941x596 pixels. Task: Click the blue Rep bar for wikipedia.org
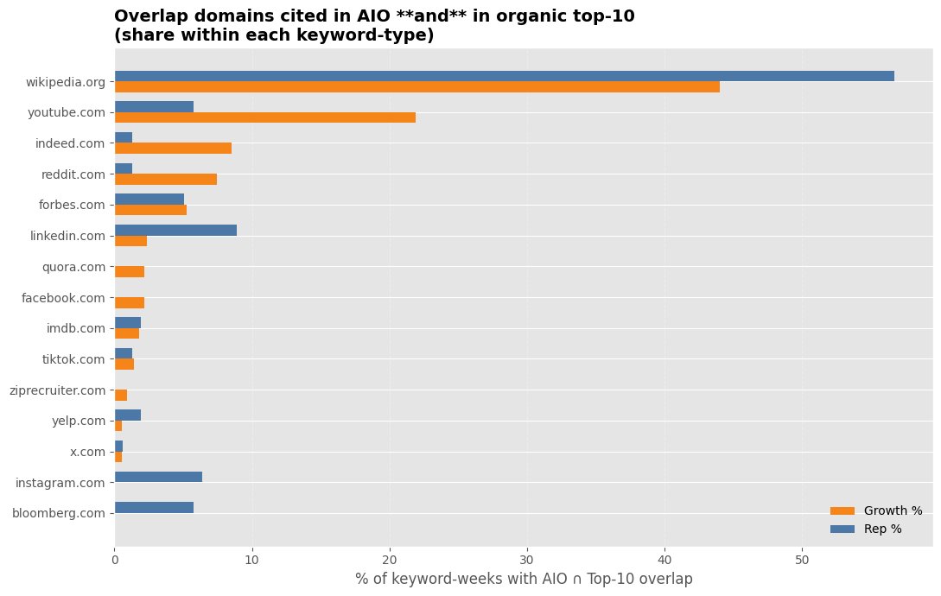504,76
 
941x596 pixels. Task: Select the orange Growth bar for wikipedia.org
416,87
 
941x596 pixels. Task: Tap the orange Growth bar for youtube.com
264,117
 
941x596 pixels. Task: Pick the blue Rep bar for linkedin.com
175,230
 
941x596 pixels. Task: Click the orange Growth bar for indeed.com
173,149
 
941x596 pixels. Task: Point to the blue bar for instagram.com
158,477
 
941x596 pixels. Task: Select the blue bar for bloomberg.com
154,508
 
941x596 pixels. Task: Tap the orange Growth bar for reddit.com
165,179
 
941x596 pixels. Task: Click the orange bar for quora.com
130,272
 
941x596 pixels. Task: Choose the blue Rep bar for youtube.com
154,107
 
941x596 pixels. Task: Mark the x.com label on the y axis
87,452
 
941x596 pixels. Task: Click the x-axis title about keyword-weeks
524,579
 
